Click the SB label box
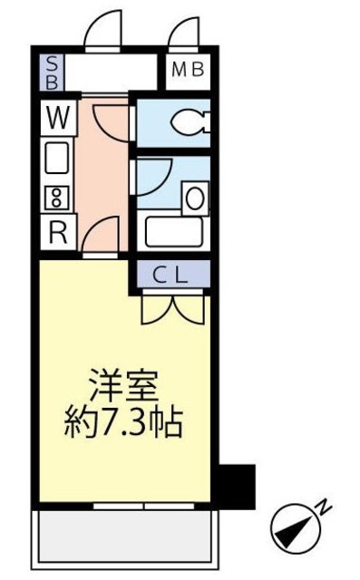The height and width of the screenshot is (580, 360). click(x=52, y=71)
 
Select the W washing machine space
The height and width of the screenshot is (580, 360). click(x=57, y=117)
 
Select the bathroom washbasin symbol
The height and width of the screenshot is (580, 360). click(x=195, y=194)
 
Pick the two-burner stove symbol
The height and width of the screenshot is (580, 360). click(x=57, y=196)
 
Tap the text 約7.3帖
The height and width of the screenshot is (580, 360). click(x=122, y=422)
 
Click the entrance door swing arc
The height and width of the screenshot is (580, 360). click(x=102, y=31)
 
